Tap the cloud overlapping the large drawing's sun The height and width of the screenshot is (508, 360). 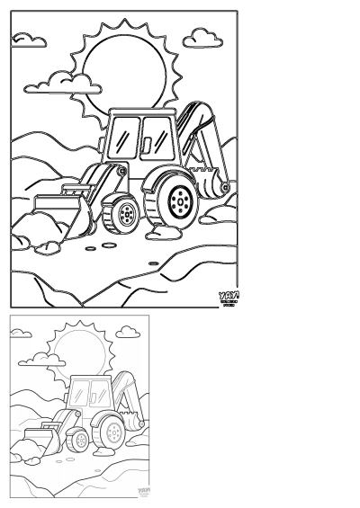[63, 84]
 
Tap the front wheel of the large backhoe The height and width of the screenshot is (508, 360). [123, 214]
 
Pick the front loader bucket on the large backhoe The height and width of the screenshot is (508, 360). [56, 215]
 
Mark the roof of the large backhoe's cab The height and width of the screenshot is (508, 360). [140, 110]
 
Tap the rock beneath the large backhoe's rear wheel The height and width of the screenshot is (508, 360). [171, 232]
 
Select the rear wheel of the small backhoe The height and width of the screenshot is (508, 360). [114, 432]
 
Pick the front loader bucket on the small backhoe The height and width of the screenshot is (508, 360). [39, 441]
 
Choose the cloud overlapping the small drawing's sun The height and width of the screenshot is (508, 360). [42, 361]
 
